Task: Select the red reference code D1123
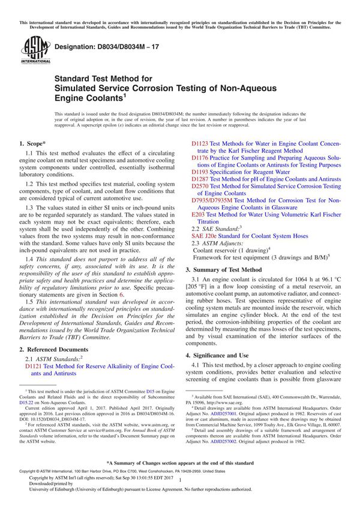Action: (200, 144)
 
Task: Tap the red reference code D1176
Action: (200, 158)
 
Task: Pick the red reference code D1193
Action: (200, 171)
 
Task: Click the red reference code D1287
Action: (200, 179)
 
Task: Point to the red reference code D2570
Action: (200, 187)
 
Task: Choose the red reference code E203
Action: (197, 215)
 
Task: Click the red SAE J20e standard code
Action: (203, 236)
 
